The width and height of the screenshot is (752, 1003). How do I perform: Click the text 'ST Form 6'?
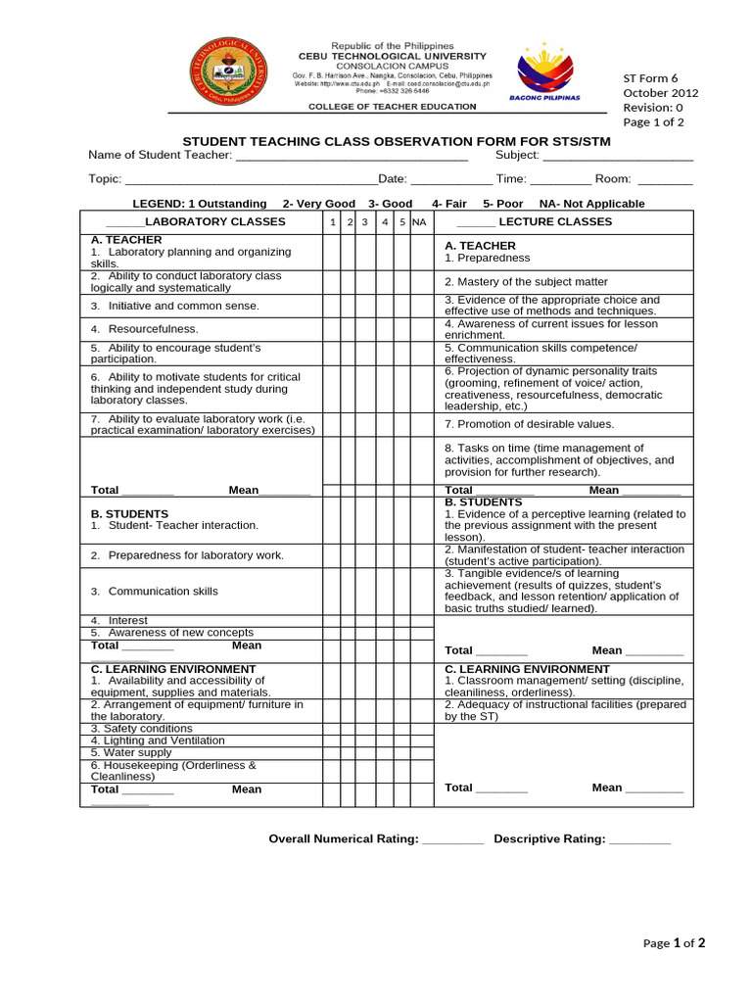pos(650,78)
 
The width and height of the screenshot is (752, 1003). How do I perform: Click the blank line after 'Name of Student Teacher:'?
pos(352,157)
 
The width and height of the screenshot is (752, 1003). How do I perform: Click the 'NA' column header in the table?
pos(419,222)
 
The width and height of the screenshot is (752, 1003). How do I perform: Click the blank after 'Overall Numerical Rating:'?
pos(452,840)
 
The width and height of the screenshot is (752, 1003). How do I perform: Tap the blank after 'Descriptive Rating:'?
pos(639,840)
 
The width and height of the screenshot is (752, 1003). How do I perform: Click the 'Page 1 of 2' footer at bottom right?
pos(674,943)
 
